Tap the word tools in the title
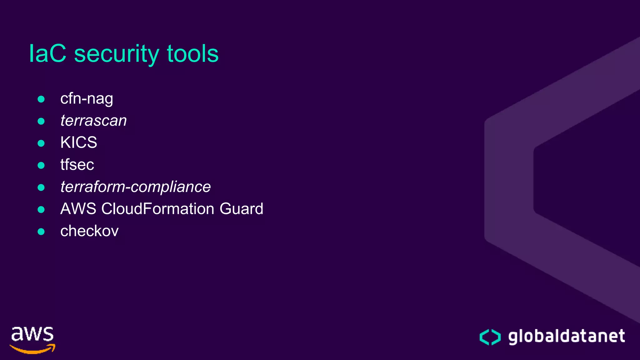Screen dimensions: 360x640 [192, 54]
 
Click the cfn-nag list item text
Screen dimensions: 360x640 [87, 99]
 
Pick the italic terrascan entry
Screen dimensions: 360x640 [93, 121]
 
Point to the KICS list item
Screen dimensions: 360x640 [79, 142]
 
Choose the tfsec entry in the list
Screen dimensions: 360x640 [77, 165]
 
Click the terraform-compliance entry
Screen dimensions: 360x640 [135, 187]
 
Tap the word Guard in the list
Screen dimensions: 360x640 [241, 209]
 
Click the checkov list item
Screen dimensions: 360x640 [89, 231]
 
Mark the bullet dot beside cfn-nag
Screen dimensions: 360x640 [41, 99]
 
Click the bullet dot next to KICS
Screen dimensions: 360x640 [41, 143]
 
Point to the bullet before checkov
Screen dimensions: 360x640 [41, 232]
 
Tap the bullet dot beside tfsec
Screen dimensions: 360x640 [41, 165]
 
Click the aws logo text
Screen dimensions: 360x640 [32, 334]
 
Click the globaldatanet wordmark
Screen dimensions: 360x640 [567, 337]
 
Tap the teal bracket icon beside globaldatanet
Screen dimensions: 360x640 [490, 337]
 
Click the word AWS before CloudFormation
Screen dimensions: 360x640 [78, 209]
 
